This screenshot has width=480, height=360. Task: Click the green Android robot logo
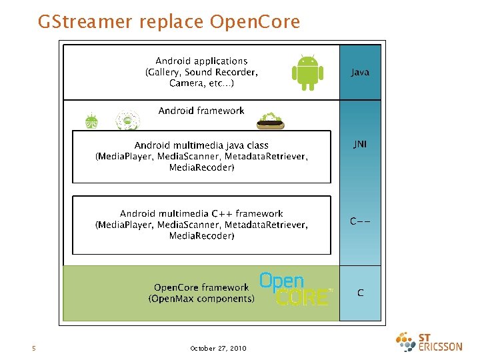[307, 72]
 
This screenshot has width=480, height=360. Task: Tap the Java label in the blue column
[360, 72]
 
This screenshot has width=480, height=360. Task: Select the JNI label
[360, 143]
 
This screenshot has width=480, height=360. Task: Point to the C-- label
[360, 221]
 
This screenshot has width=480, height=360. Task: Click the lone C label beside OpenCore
[360, 293]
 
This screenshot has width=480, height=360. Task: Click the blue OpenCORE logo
[294, 289]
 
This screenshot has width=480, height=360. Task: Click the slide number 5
[33, 348]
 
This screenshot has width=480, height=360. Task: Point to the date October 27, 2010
[218, 348]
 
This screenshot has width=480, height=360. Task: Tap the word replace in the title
[172, 22]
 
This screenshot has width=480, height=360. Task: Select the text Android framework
[201, 111]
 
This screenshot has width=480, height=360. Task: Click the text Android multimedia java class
[201, 145]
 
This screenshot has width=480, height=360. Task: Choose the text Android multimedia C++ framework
[201, 213]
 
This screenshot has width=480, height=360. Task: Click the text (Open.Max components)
[201, 299]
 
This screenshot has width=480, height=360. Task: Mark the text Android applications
[201, 61]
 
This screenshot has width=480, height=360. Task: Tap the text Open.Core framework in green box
[201, 287]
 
